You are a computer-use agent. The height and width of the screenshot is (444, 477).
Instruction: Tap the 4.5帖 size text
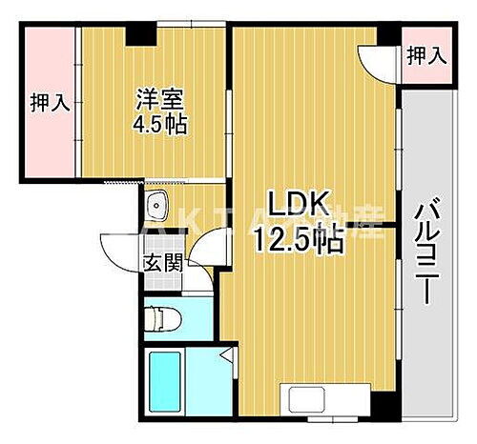(x=159, y=125)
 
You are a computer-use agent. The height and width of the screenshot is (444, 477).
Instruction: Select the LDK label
(x=297, y=204)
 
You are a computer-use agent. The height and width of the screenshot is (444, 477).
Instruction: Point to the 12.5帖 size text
(x=297, y=241)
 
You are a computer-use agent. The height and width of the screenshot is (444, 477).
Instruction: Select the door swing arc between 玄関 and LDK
(x=203, y=258)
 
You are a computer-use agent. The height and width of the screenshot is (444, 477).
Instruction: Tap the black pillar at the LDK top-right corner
(x=389, y=35)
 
